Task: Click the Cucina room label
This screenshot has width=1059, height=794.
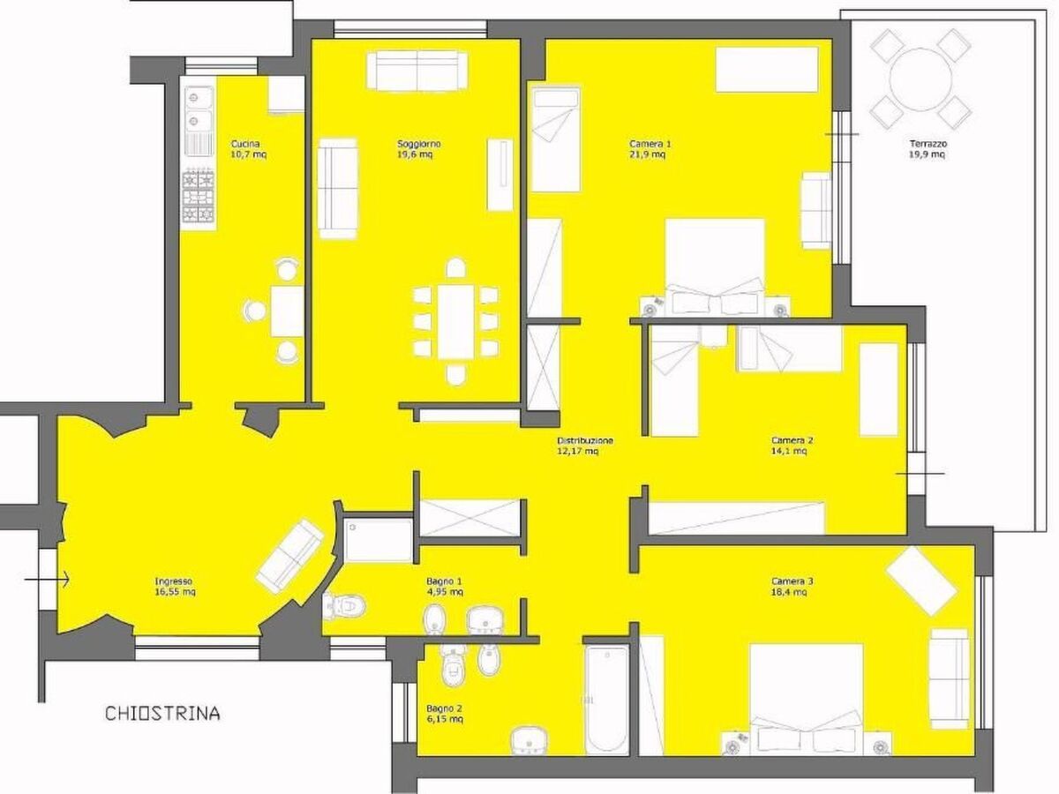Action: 245,144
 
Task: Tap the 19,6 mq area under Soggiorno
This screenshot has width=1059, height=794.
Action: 415,154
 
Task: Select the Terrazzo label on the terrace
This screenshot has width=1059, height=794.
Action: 921,144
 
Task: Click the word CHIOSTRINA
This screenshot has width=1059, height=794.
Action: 162,714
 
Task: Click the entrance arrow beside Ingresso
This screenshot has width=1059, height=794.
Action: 46,580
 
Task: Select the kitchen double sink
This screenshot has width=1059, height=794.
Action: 199,108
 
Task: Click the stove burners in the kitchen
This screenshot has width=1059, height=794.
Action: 199,197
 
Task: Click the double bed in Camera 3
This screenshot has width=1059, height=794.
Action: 807,699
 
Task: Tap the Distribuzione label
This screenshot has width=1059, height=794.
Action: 585,440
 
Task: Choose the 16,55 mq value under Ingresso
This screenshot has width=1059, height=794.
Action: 175,591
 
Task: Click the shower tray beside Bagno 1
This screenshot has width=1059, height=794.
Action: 379,540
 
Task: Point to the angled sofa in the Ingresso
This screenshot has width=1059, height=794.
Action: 290,557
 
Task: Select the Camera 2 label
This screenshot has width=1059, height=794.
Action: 792,440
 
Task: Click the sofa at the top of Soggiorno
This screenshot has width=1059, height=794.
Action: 417,71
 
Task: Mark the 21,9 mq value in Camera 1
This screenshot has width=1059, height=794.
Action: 648,154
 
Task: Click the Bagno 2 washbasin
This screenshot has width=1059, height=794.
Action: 529,743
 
